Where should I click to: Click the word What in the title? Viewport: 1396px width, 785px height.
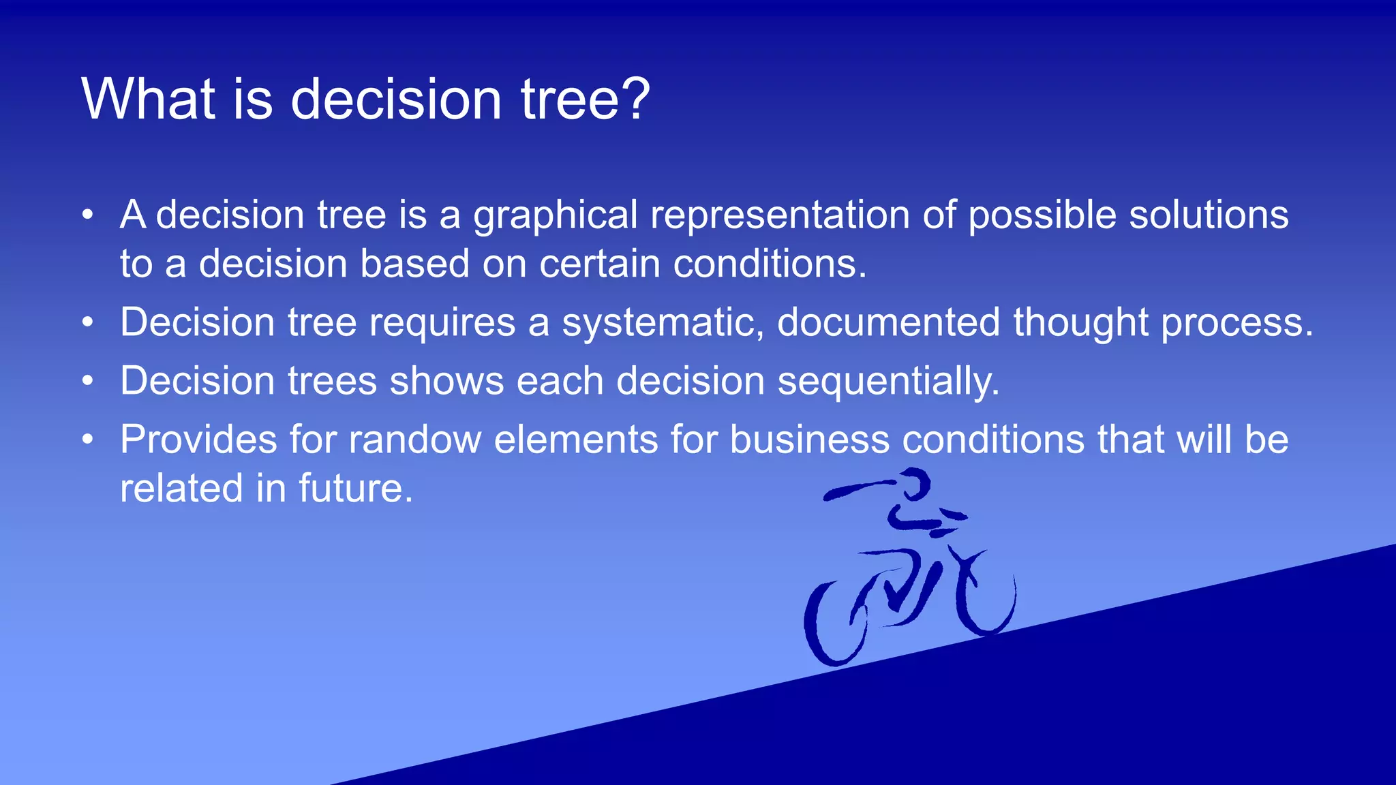149,99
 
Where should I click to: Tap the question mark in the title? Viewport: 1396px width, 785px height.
637,99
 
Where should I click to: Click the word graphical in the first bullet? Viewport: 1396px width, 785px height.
555,217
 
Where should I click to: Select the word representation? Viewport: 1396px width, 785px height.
780,215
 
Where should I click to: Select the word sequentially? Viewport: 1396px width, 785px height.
888,382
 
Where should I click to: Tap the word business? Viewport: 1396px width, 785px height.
810,440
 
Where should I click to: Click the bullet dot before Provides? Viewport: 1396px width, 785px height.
87,440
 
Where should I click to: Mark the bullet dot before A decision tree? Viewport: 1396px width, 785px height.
87,215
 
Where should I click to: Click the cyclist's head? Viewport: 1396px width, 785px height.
917,483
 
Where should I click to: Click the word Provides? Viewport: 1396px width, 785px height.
198,440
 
